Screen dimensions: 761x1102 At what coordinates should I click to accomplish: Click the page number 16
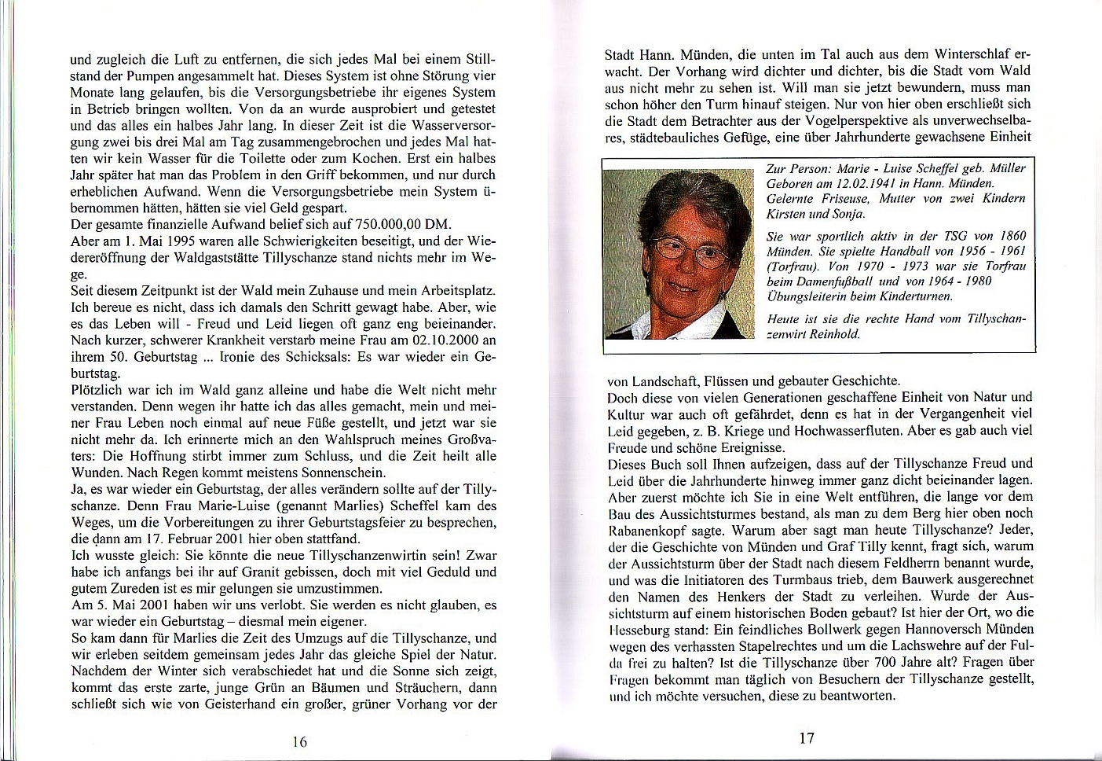299,741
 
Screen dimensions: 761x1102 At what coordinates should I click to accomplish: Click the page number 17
807,737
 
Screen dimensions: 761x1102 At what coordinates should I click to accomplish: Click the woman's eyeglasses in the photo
692,249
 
